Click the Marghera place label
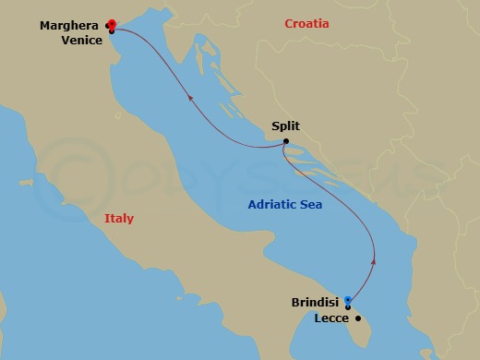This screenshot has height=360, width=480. click(x=71, y=26)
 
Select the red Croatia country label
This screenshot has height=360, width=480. click(x=306, y=24)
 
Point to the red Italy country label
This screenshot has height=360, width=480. click(x=118, y=219)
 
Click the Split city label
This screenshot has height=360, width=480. click(x=286, y=127)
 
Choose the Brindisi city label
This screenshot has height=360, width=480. click(x=313, y=301)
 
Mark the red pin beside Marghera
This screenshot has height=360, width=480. click(x=112, y=23)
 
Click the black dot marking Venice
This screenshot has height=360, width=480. click(x=112, y=31)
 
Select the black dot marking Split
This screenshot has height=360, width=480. click(x=286, y=140)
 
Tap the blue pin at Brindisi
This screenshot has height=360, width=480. click(x=348, y=299)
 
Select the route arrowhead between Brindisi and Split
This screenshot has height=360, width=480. click(x=374, y=262)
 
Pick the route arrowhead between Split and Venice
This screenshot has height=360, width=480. click(x=190, y=94)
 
